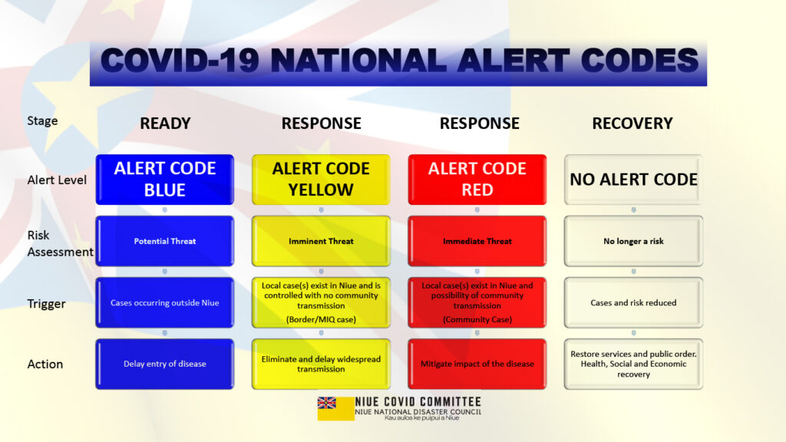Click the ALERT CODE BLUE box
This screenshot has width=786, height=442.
(165, 180)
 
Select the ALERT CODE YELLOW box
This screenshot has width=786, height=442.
(321, 180)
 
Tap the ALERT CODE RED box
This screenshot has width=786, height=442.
(477, 180)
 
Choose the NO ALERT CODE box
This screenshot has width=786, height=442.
(633, 180)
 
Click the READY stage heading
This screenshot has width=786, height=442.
(166, 124)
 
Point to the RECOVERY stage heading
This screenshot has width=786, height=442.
(632, 124)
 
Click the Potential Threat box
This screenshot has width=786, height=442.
(165, 241)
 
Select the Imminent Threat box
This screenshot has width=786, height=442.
(321, 241)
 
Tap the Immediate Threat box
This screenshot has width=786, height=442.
(477, 241)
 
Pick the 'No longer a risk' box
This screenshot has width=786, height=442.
(633, 241)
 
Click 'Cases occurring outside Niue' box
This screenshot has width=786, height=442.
(165, 302)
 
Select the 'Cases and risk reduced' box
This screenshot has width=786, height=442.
(633, 302)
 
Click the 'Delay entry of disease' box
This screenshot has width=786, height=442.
(165, 364)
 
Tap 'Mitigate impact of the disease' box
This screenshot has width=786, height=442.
(477, 364)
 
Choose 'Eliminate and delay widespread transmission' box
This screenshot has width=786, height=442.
(321, 364)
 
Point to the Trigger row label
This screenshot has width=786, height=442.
(46, 304)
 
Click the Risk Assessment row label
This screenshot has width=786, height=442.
(60, 243)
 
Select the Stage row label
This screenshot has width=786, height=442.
(43, 120)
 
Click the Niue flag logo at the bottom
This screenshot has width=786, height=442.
(336, 408)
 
